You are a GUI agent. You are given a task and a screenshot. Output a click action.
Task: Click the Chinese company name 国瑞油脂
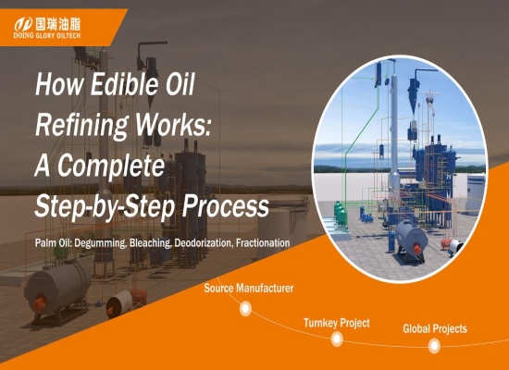click(x=57, y=24)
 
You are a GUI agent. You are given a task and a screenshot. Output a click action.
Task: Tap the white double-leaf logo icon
click(x=23, y=25)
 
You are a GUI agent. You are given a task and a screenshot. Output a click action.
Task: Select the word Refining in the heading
click(x=81, y=126)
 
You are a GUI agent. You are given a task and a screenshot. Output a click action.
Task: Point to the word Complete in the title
click(x=111, y=166)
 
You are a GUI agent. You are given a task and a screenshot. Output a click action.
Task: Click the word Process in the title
click(x=226, y=205)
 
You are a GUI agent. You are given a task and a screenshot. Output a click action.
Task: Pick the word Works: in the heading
click(x=173, y=125)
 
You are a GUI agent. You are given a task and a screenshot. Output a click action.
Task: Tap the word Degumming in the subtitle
click(x=101, y=243)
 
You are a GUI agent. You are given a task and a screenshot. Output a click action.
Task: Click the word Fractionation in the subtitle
click(x=263, y=242)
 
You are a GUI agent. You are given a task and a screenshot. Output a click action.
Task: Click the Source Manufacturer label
click(x=249, y=288)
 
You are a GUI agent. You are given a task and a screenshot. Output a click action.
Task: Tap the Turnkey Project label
click(x=337, y=323)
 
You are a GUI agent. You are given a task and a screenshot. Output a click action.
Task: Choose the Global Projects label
click(x=435, y=328)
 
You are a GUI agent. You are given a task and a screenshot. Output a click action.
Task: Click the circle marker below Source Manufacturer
click(x=246, y=308)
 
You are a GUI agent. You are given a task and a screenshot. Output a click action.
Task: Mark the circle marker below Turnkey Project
click(x=337, y=339)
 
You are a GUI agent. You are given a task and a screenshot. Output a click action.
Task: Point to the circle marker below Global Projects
click(x=434, y=346)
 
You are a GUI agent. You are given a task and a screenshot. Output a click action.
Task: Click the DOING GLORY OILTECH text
click(x=47, y=35)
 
